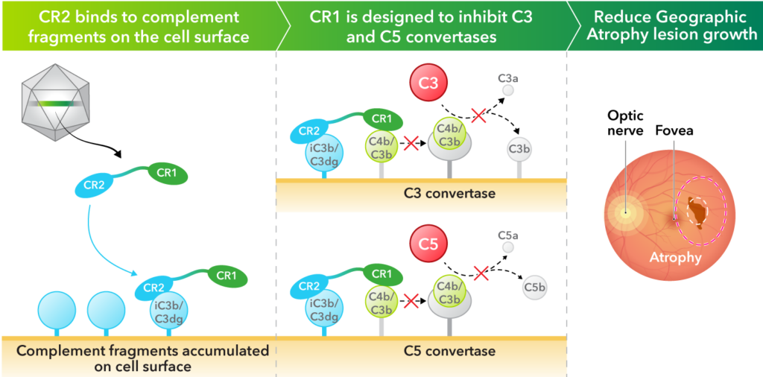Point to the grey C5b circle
[x=533, y=287]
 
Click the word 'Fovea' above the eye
[x=672, y=130]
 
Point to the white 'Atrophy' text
[x=675, y=258]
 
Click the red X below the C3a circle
[x=478, y=115]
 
